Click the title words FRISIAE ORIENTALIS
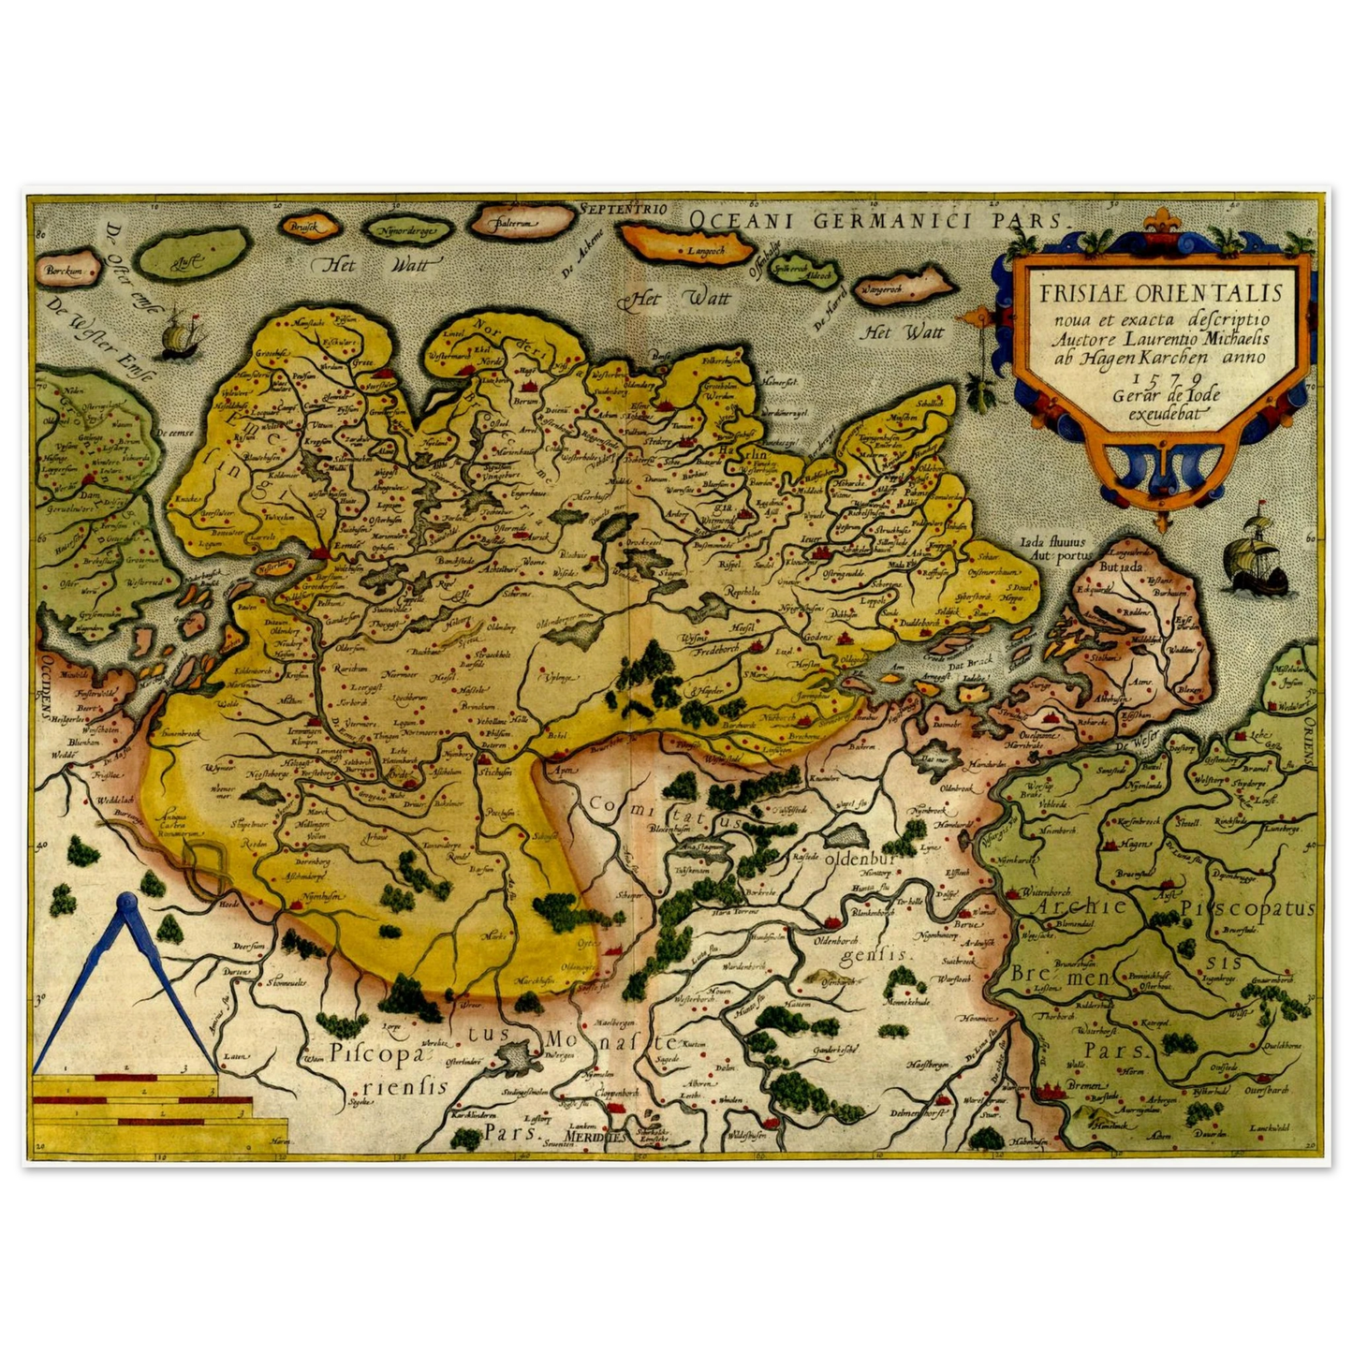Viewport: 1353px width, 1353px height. pyautogui.click(x=1165, y=289)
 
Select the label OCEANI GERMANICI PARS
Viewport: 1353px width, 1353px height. pyautogui.click(x=876, y=221)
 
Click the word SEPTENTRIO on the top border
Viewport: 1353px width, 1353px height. pyautogui.click(x=622, y=210)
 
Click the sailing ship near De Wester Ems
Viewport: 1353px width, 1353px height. pyautogui.click(x=176, y=335)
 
